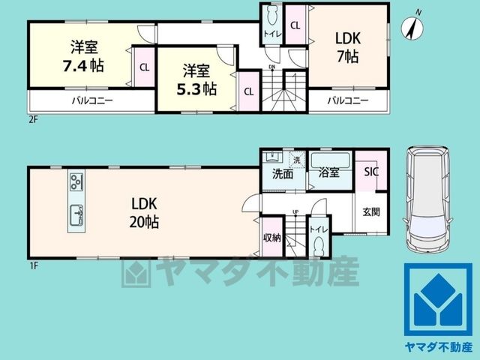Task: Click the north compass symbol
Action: tap(412, 28)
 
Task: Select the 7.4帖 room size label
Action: tap(83, 66)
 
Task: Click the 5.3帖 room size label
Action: tap(196, 89)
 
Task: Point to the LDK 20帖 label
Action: tap(144, 213)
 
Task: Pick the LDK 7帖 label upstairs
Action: tap(348, 47)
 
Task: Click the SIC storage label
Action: tap(371, 172)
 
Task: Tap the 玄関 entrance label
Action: tap(371, 211)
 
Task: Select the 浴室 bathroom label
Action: tap(328, 172)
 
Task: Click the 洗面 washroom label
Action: tap(283, 174)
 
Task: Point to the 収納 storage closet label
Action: tap(272, 238)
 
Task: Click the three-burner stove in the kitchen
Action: tap(76, 181)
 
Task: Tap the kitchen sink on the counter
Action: tap(76, 214)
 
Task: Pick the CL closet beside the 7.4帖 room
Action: tap(145, 67)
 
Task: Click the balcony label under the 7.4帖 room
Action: tap(92, 100)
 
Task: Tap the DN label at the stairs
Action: tap(271, 67)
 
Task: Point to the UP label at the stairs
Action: tap(295, 211)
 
